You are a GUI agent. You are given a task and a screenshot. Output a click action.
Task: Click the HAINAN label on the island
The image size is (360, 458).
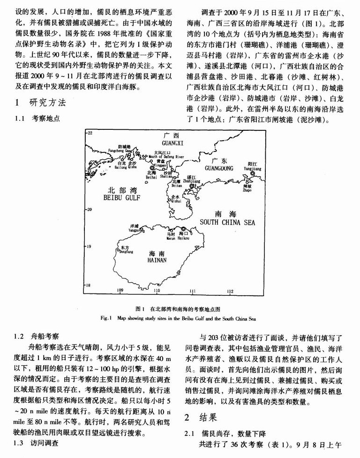click(157, 259)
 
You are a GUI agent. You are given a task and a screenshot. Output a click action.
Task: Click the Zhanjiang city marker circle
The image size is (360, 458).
click(191, 186)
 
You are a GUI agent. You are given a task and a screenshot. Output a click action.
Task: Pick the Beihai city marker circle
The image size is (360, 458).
click(151, 168)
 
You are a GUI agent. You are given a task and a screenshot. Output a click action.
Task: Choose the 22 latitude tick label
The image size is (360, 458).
click(90, 133)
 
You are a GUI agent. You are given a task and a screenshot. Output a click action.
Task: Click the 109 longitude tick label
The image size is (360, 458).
click(120, 291)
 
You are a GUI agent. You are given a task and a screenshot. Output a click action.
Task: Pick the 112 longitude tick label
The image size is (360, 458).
click(230, 291)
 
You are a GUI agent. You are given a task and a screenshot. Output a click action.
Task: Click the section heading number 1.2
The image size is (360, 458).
click(19, 337)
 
